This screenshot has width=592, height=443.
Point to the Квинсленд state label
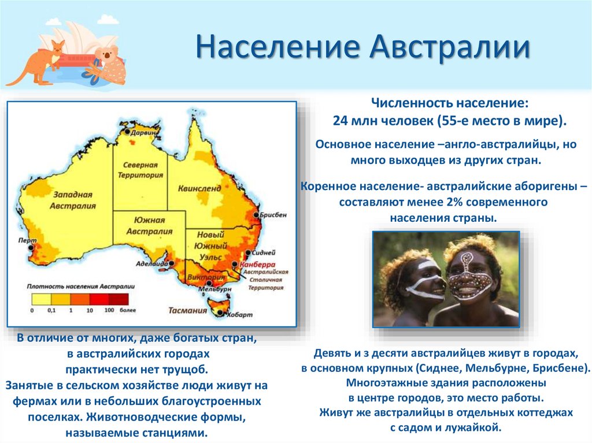click(x=199, y=188)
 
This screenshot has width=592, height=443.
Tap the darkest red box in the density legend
click(x=119, y=299)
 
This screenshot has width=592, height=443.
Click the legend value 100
click(x=109, y=311)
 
